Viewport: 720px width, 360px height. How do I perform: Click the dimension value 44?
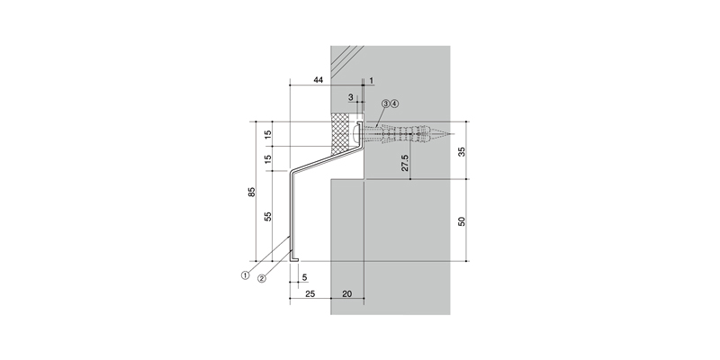pos(319,80)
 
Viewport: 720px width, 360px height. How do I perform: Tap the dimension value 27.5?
pos(405,163)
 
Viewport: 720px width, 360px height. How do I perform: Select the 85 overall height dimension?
pos(252,192)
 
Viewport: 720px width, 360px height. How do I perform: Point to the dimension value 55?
pos(268,216)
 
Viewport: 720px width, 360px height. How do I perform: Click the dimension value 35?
pos(462,151)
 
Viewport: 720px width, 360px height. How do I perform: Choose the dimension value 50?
pos(462,221)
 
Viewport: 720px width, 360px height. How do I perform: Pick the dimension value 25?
pos(310,294)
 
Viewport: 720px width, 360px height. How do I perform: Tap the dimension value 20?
pos(347,294)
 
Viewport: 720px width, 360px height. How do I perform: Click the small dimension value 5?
pos(304,278)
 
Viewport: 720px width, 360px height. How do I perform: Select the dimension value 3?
pos(351,97)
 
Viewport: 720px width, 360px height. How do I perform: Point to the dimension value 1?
pos(371,81)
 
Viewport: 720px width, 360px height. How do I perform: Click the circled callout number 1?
pos(245,275)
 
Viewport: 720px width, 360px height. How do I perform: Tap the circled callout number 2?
pos(261,278)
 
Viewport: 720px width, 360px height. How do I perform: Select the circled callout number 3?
pos(386,103)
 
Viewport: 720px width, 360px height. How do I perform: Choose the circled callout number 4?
pos(394,103)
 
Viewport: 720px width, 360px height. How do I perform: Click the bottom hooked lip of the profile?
pos(294,259)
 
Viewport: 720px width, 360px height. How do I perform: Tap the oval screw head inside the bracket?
pos(356,133)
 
